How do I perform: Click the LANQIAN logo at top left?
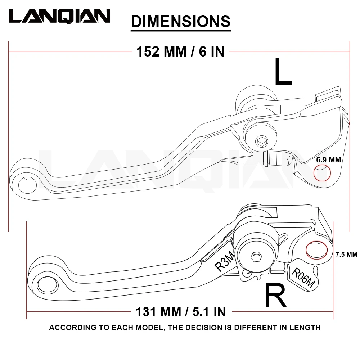tap(59, 16)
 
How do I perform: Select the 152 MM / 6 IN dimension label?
tap(180, 51)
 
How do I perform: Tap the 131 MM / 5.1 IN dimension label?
tap(181, 311)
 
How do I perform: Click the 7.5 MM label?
tap(346, 255)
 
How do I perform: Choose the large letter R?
tap(275, 295)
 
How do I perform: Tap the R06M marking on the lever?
tap(303, 278)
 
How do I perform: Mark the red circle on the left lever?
tap(322, 173)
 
